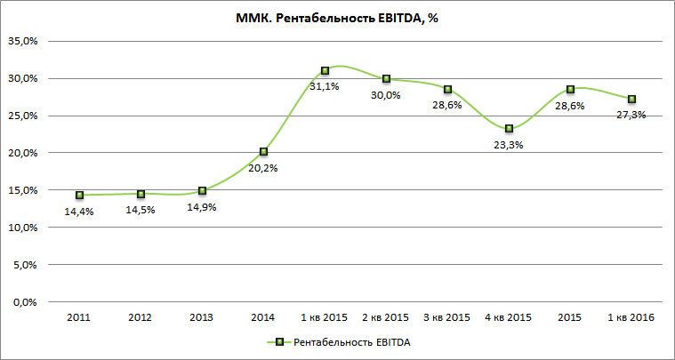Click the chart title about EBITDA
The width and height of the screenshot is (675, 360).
click(x=337, y=19)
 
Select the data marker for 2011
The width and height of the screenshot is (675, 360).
click(x=80, y=195)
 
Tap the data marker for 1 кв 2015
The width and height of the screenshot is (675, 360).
click(x=325, y=70)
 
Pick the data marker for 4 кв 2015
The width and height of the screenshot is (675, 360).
click(x=509, y=129)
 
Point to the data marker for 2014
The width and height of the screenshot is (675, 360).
click(x=263, y=152)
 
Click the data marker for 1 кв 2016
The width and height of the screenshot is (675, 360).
click(x=631, y=99)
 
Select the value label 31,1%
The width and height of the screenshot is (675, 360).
click(x=324, y=86)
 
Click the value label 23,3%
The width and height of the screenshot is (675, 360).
click(x=508, y=145)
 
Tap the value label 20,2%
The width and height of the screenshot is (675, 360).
click(x=263, y=168)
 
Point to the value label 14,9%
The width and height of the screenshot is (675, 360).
click(x=202, y=206)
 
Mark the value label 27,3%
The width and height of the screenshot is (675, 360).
click(x=630, y=115)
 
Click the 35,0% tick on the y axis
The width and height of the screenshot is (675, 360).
click(x=24, y=41)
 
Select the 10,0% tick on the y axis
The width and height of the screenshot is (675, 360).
click(x=24, y=228)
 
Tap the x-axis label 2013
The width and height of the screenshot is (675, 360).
click(x=202, y=317)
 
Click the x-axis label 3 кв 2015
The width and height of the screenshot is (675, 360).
click(x=447, y=317)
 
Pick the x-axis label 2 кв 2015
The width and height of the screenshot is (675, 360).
click(x=386, y=317)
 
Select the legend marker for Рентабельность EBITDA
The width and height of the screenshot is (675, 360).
click(x=278, y=341)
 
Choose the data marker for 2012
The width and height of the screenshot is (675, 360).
click(x=141, y=194)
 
